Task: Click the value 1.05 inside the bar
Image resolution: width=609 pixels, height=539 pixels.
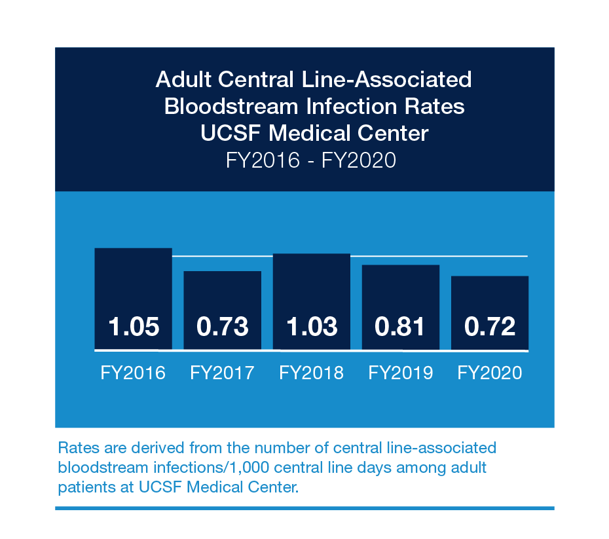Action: tap(134, 326)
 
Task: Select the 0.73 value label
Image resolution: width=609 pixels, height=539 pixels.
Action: tap(223, 326)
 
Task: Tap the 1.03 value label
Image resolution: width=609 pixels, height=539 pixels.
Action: tap(312, 326)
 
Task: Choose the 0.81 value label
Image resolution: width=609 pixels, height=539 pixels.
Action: tap(401, 326)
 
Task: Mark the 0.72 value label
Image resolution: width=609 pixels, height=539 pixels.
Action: tap(490, 326)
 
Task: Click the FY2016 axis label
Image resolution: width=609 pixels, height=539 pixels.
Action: tap(134, 373)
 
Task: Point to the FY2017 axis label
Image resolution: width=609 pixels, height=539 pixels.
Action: tap(223, 373)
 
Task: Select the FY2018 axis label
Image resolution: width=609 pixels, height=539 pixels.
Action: tap(312, 373)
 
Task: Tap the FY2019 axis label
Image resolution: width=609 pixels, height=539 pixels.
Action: tap(401, 373)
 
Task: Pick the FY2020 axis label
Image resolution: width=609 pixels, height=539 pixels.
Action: tap(490, 373)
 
